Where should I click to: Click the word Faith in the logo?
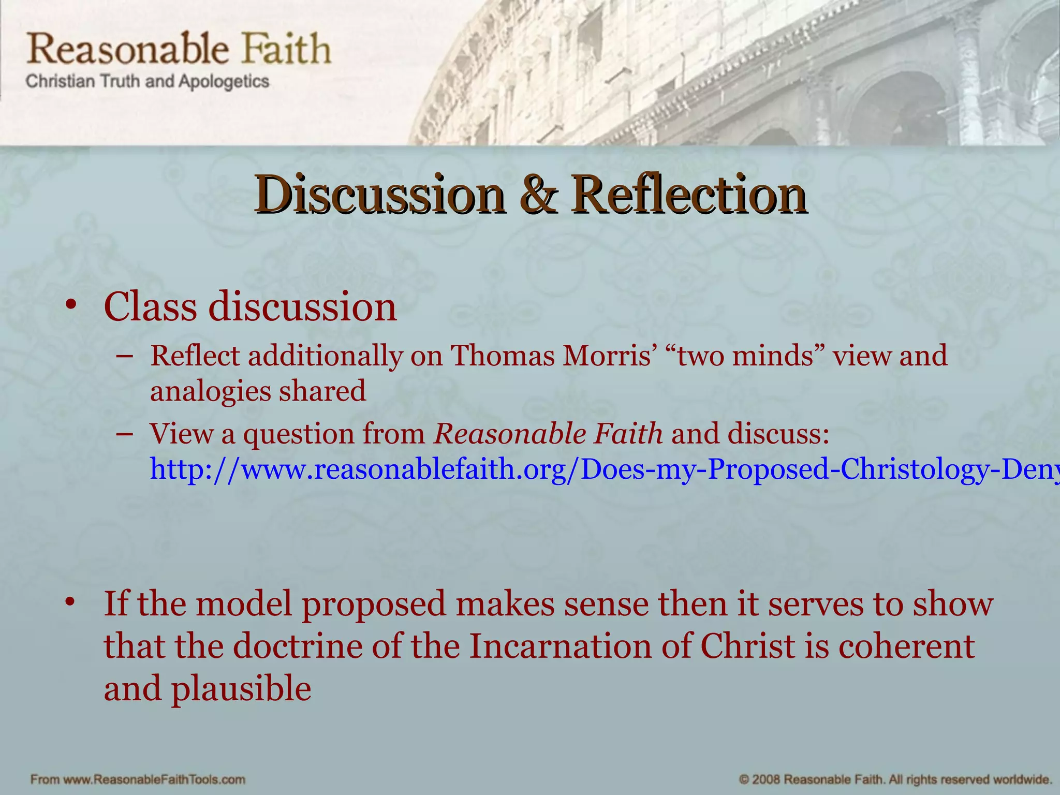click(286, 49)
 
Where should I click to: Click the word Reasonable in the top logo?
click(127, 49)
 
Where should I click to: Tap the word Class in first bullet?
click(150, 306)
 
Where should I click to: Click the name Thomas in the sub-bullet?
click(502, 356)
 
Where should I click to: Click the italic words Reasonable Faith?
click(548, 434)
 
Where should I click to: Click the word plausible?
click(241, 689)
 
